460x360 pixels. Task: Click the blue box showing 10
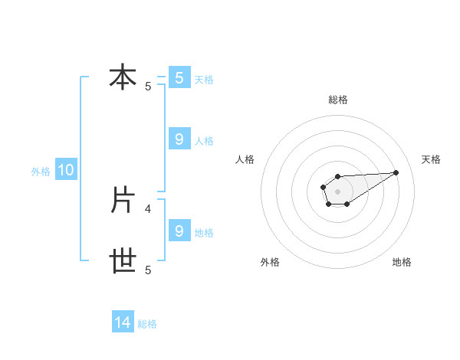66,171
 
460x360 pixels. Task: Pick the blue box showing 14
123,323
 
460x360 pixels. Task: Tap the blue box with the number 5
179,77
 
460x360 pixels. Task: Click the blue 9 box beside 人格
179,139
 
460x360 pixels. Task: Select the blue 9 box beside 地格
179,231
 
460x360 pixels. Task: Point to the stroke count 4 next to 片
148,208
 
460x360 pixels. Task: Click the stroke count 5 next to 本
148,87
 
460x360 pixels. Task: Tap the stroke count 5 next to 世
148,270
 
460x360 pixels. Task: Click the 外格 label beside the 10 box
41,172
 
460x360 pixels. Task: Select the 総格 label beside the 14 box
147,324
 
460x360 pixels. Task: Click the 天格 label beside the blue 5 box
204,79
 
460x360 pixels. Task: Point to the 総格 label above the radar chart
337,100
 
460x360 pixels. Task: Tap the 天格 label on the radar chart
431,159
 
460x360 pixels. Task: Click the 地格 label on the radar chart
402,262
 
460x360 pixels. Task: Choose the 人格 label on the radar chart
245,159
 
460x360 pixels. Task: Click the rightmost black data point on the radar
396,172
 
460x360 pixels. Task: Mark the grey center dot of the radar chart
337,190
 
